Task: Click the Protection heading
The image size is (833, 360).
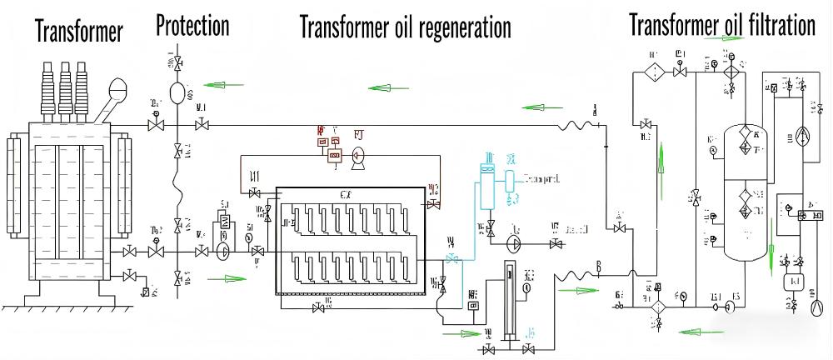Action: click(x=192, y=26)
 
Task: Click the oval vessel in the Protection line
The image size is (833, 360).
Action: click(x=178, y=92)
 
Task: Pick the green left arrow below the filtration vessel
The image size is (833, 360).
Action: click(x=696, y=330)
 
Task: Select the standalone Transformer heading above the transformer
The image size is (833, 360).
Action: click(x=79, y=32)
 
